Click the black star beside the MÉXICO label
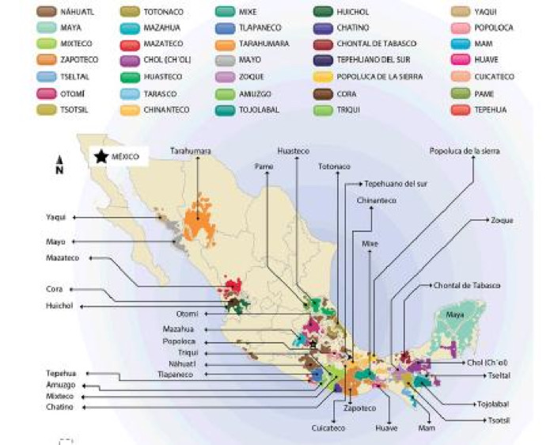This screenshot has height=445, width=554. pyautogui.click(x=101, y=157)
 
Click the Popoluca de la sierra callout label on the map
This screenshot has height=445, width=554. pyautogui.click(x=465, y=150)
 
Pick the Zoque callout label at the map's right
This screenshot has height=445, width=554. pyautogui.click(x=502, y=219)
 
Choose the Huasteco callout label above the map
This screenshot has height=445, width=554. pyautogui.click(x=294, y=150)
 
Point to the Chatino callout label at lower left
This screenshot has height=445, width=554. pyautogui.click(x=60, y=407)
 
